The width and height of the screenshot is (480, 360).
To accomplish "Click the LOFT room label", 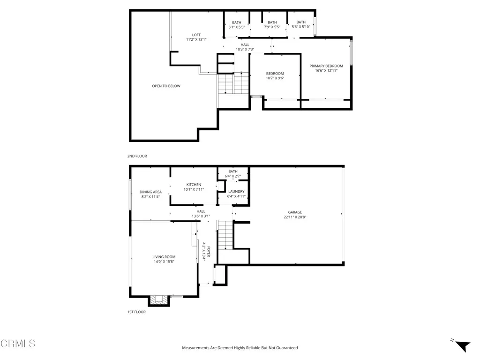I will tap(196, 35).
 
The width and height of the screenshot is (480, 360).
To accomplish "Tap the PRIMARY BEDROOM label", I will tap(326, 66).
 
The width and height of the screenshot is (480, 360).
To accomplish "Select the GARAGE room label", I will tap(295, 212).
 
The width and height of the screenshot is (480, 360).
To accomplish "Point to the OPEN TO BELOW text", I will tap(166, 86).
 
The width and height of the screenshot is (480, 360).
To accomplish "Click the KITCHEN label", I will tap(194, 185).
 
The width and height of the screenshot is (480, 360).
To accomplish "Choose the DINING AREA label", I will tap(150, 192).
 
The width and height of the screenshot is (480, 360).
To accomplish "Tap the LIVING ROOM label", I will tap(164, 257).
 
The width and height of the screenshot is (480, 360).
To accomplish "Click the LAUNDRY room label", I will tap(236, 191).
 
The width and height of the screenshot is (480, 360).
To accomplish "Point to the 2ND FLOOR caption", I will tap(137, 156).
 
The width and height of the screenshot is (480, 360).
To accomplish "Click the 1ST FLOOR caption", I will tap(137, 312).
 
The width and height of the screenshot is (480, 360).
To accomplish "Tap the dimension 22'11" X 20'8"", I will tap(295, 217).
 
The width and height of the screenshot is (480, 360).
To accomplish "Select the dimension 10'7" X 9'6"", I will tap(275, 78).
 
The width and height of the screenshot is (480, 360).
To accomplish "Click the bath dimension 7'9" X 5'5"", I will tap(272, 27).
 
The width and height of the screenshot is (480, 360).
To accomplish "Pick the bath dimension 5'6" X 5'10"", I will tap(300, 27).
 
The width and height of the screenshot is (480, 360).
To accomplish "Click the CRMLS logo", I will tap(18, 344).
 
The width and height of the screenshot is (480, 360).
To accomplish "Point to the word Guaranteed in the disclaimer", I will tap(286, 348).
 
